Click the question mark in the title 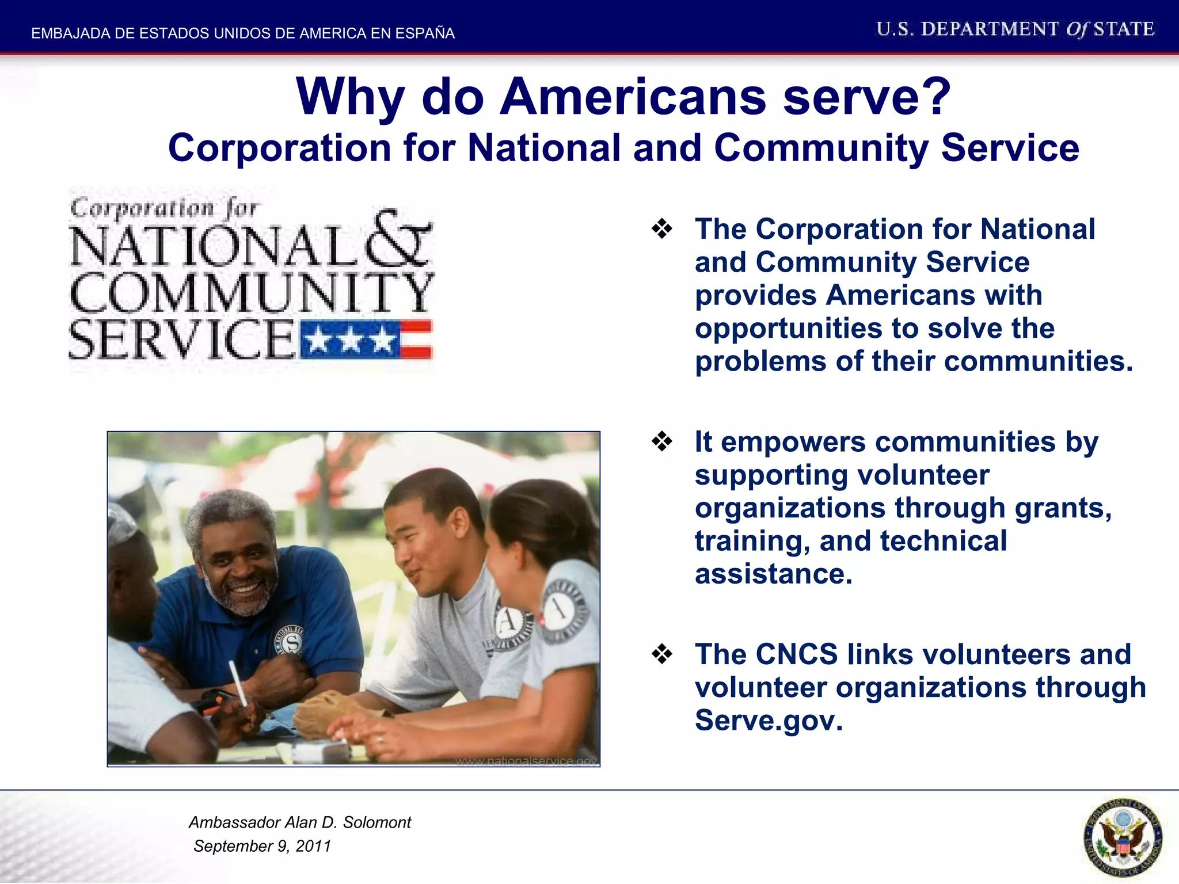[931, 97]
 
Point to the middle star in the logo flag [349, 341]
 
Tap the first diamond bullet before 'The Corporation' [662, 229]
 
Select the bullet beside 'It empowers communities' [662, 442]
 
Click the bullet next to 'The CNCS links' [662, 654]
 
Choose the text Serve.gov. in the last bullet [769, 721]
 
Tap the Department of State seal [1122, 837]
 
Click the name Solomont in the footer [377, 822]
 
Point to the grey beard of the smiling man [242, 601]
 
